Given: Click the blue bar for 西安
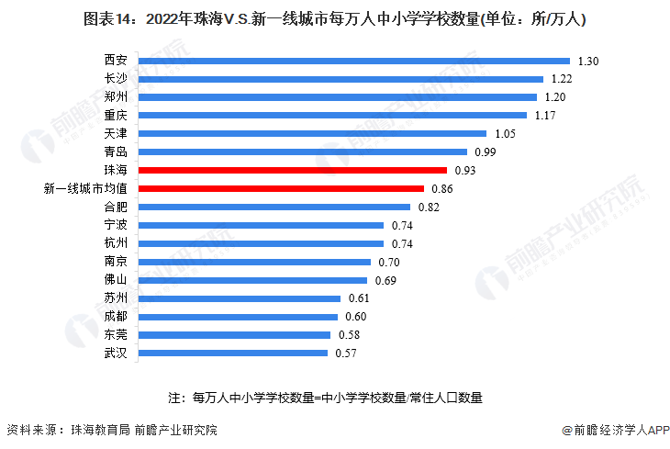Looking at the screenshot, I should tap(353, 61).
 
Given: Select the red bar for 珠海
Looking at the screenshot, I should tap(292, 170).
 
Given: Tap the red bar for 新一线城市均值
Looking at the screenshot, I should tap(281, 188).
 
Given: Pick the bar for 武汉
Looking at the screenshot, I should tap(233, 353).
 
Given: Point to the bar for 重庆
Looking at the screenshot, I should tap(334, 115).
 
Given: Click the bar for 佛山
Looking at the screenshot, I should tap(252, 279).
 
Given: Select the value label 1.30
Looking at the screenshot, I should tap(588, 61).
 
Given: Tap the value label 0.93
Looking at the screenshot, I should tap(465, 170).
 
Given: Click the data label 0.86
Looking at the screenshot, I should tap(442, 188).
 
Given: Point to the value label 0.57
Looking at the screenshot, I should tap(347, 353).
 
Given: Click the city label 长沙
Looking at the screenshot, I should tap(116, 78).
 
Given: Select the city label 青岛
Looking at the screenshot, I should tap(116, 152).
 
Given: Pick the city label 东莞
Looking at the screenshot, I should tap(116, 334).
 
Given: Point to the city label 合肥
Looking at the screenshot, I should tap(116, 207).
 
